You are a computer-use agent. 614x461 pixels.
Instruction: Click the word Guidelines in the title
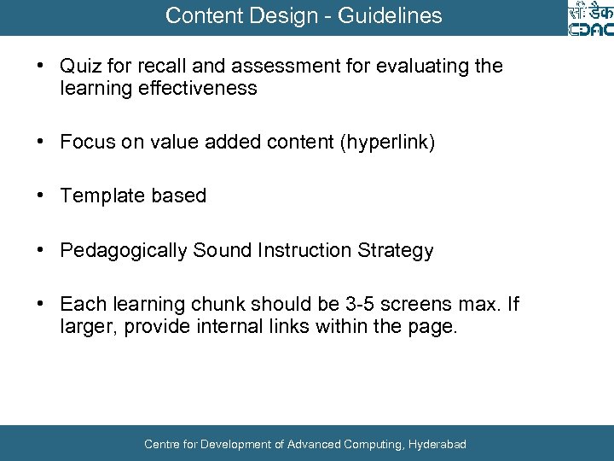click(396, 15)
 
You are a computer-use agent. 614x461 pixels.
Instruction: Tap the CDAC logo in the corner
click(589, 19)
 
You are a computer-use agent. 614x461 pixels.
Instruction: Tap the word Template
click(101, 195)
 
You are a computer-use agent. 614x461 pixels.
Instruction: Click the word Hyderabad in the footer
click(437, 444)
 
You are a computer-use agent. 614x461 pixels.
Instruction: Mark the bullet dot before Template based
click(40, 195)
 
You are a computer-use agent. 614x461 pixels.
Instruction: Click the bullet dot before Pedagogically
click(40, 250)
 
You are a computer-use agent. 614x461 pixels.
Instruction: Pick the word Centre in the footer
click(162, 444)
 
